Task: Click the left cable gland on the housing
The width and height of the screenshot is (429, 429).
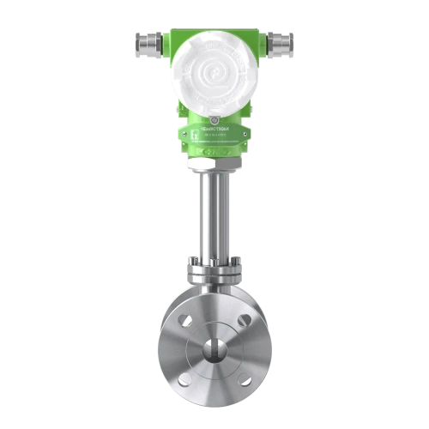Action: [146, 39]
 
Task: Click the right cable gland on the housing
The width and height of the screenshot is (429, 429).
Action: [281, 39]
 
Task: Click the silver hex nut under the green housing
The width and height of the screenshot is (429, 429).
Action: [214, 160]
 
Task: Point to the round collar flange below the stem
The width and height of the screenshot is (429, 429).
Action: [214, 275]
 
